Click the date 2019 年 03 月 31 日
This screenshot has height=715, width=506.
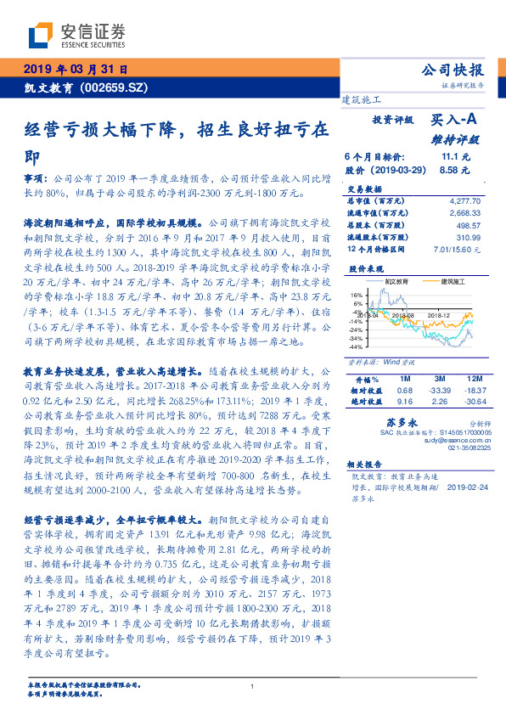click(x=74, y=69)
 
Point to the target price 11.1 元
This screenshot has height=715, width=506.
click(x=456, y=157)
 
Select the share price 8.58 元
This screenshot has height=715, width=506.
click(x=456, y=170)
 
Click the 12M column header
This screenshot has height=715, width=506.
click(x=472, y=379)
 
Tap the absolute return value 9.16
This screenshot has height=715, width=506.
click(x=405, y=399)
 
